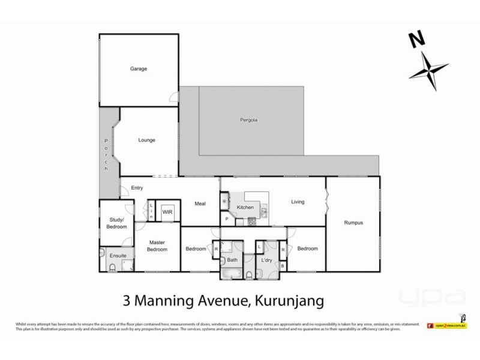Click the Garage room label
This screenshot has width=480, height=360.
click(139, 69)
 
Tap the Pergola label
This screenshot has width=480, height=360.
click(242, 120)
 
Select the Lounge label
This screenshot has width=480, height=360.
click(146, 140)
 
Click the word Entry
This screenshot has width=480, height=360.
click(137, 188)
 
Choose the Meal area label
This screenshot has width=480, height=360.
click(200, 203)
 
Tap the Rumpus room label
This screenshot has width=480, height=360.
click(353, 223)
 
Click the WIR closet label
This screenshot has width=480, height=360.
click(167, 212)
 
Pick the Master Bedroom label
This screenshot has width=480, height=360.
click(158, 246)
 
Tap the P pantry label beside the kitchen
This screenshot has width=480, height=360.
click(227, 220)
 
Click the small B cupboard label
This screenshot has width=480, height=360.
click(283, 265)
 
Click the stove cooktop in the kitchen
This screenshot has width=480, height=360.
click(253, 221)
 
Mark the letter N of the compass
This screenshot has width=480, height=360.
click(414, 41)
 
